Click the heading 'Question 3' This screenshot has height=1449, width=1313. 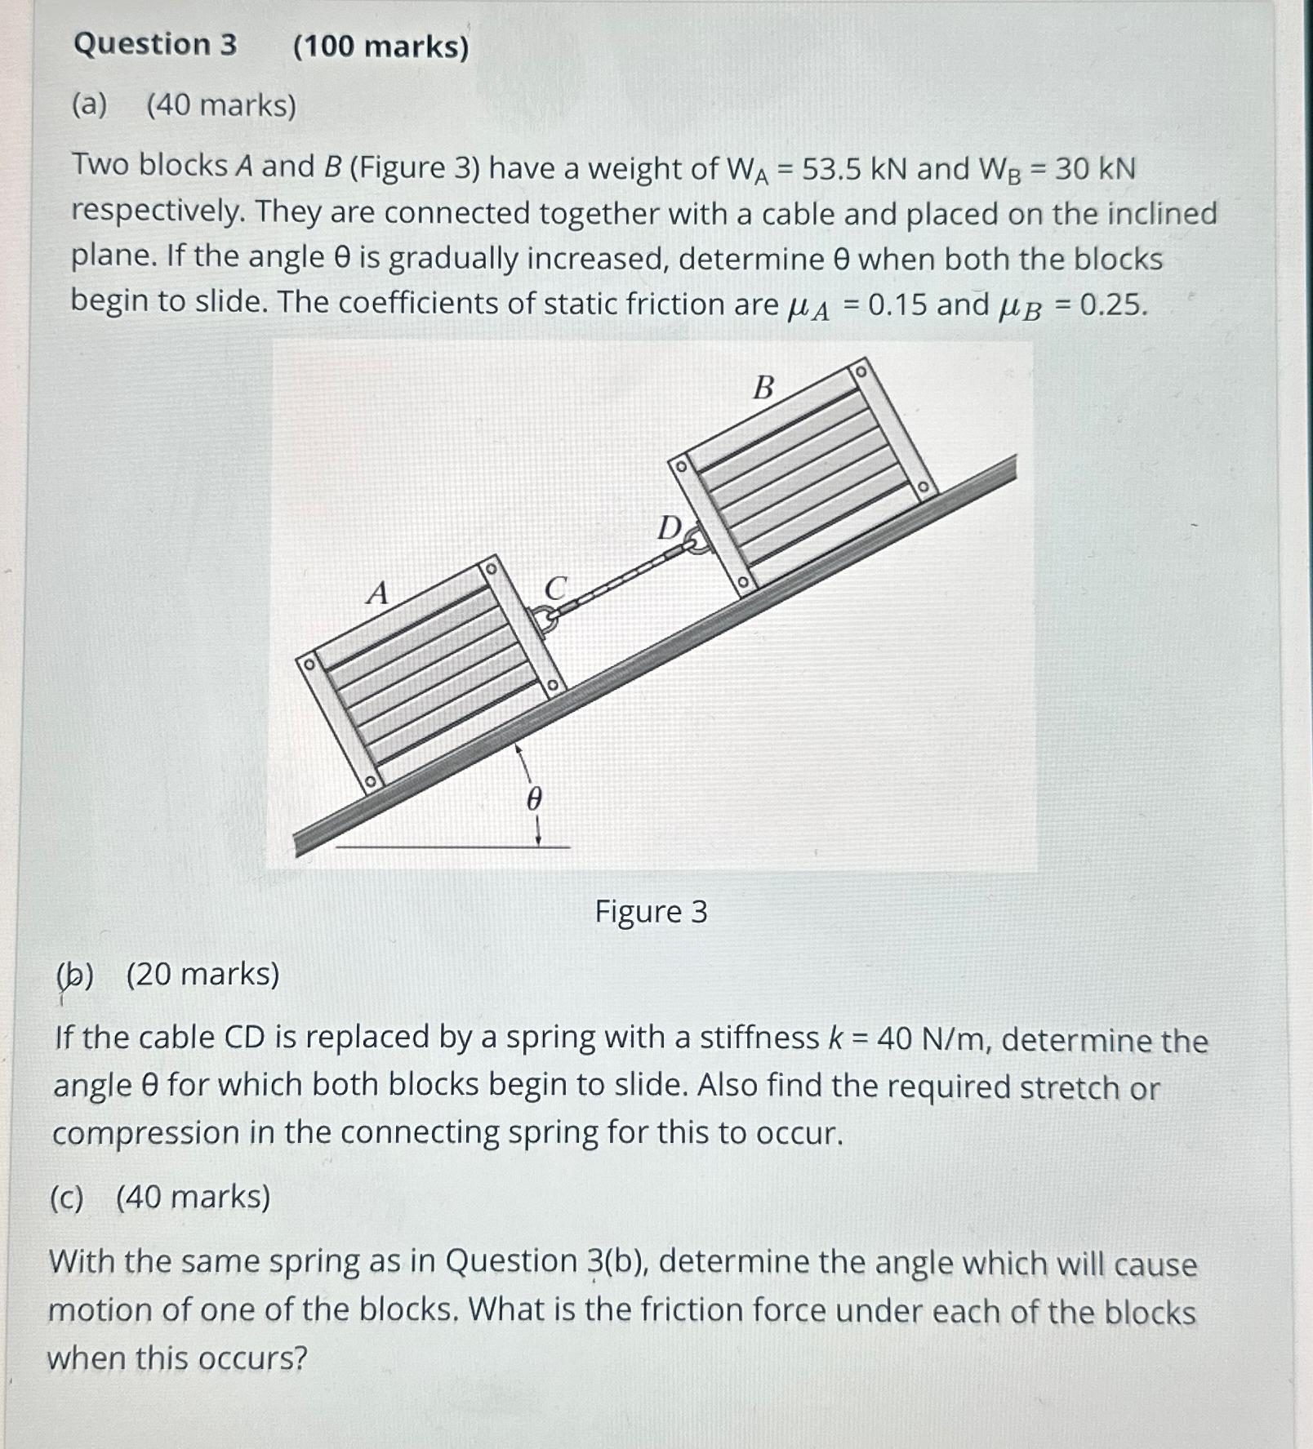coord(155,44)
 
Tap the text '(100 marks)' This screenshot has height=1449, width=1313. coord(381,47)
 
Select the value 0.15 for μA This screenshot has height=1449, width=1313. coord(897,304)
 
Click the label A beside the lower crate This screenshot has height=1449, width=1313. coord(377,593)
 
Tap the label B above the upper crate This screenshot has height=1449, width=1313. coord(763,387)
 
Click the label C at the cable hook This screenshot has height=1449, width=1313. coord(554,588)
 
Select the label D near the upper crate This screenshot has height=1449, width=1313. coord(669,528)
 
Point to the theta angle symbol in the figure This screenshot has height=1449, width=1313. coord(533,798)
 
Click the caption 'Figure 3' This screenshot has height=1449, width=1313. coord(651,911)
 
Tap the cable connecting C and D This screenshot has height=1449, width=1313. coord(621,580)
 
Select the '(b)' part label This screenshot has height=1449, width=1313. coord(75,974)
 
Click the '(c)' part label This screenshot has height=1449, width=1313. coord(67,1198)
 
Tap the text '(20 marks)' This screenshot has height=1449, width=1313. coord(203,974)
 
